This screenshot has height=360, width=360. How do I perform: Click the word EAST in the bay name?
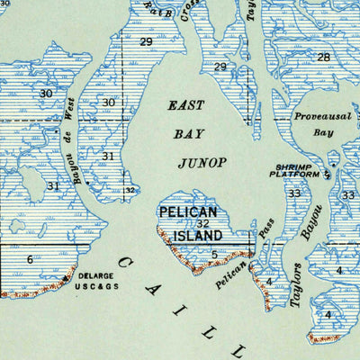(x=186, y=105)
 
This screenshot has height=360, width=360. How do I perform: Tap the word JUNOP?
(x=204, y=163)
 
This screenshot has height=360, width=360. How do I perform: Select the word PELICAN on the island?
(x=190, y=212)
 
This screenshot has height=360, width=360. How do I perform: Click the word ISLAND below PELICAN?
(x=198, y=235)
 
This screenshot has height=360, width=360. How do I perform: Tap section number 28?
(x=323, y=58)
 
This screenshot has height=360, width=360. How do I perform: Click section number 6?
(x=30, y=259)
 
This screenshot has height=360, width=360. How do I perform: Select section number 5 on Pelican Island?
(x=214, y=254)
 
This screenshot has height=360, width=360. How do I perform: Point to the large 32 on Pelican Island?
(x=203, y=224)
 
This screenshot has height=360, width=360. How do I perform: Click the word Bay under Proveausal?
(x=323, y=132)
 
